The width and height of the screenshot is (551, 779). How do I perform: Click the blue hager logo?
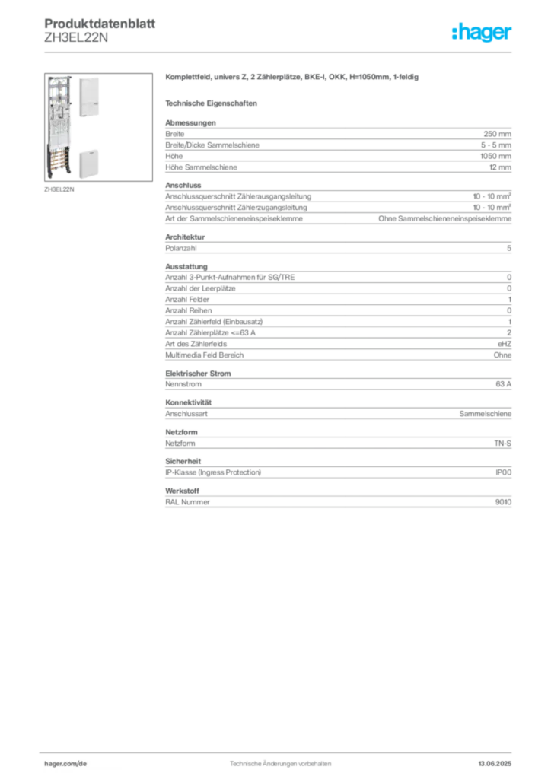point(483,33)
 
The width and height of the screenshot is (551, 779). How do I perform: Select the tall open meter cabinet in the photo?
point(59,129)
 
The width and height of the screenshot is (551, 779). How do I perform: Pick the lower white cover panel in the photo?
point(89,161)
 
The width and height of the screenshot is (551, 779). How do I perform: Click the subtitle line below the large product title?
point(214,102)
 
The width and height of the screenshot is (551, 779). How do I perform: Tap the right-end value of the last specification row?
point(505,501)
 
